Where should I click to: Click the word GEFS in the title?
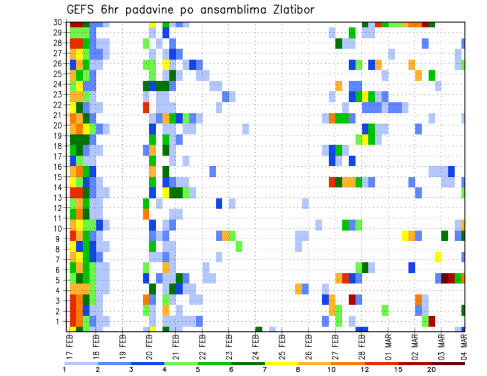(82, 10)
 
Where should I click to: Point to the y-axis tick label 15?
(59, 177)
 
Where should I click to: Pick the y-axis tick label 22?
(59, 104)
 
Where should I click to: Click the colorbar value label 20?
(432, 369)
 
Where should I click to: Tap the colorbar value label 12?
(365, 369)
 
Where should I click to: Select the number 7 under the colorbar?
(264, 369)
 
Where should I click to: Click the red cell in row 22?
(146, 107)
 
